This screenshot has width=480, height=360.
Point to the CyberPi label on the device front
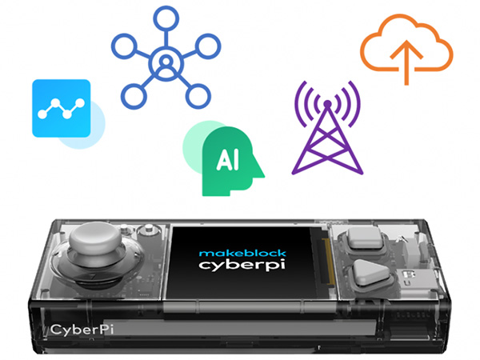pyautogui.click(x=81, y=329)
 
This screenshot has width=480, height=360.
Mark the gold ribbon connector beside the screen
pyautogui.click(x=325, y=259)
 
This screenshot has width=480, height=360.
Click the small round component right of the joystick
pyautogui.click(x=146, y=233)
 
